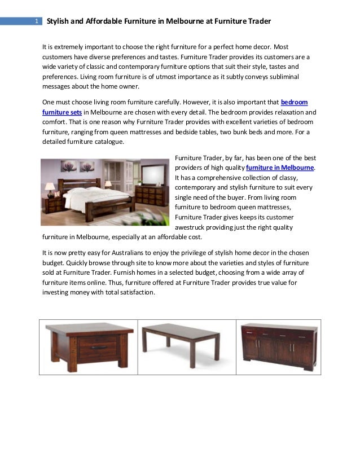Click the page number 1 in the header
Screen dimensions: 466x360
[36, 21]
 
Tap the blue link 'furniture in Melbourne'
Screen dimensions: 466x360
[280, 168]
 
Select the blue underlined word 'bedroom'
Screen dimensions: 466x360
[294, 102]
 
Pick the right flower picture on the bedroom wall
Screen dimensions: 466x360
[87, 166]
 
